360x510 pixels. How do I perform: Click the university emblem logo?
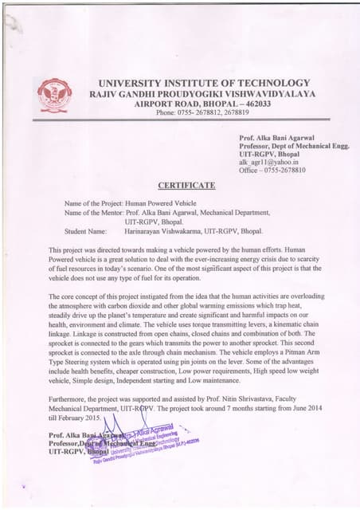click(x=54, y=95)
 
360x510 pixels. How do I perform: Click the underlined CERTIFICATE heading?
click(x=186, y=185)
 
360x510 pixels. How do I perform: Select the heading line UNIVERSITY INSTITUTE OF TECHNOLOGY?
click(x=203, y=83)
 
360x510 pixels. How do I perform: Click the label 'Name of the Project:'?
click(x=93, y=204)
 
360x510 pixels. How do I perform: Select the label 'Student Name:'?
click(x=85, y=231)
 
